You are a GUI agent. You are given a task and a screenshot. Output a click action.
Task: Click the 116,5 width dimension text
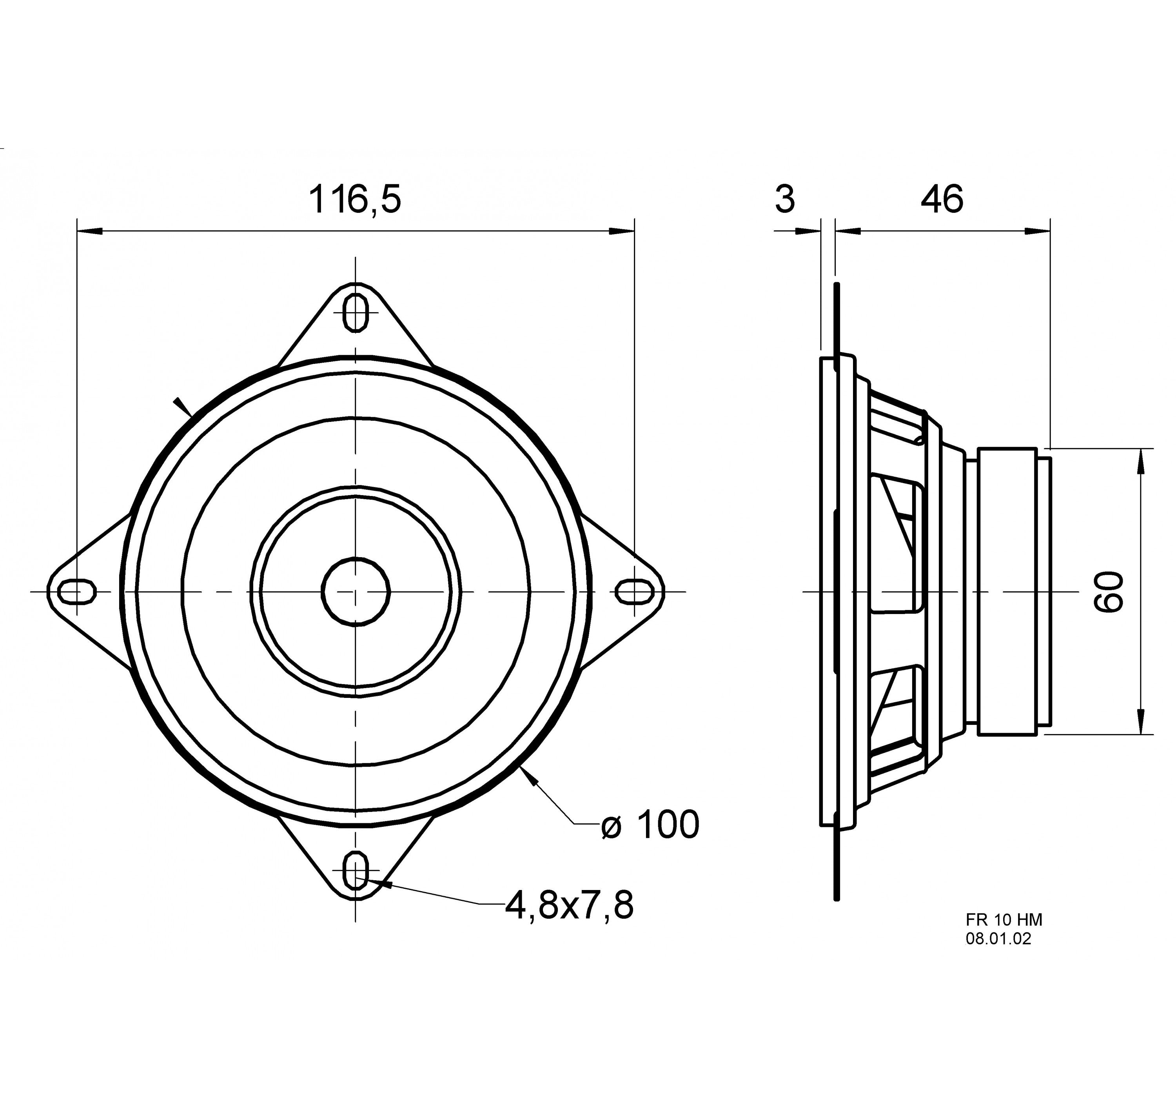point(355,199)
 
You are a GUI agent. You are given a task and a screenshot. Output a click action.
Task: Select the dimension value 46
point(942,199)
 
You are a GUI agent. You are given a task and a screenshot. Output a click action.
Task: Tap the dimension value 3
point(785,199)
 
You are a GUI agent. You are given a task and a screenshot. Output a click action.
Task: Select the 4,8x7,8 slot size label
point(569,905)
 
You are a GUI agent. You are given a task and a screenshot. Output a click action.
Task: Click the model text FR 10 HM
point(1004,919)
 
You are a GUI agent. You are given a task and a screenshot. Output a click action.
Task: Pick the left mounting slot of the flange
point(78,591)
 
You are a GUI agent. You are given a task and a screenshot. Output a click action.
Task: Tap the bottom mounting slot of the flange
point(356,871)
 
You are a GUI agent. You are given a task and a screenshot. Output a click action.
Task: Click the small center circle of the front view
point(356,591)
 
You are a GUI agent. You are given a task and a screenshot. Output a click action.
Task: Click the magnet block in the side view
point(1006,591)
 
